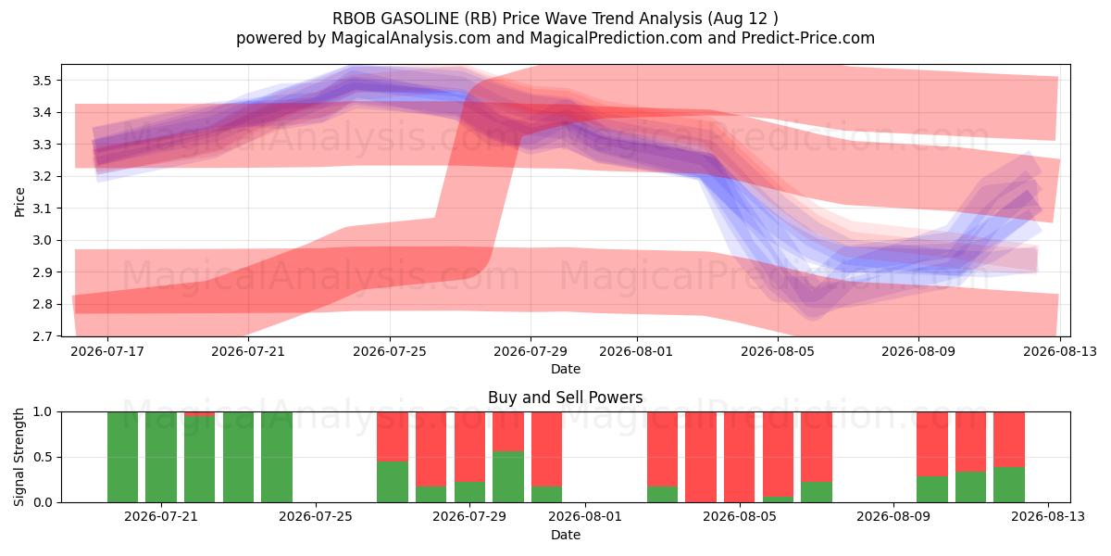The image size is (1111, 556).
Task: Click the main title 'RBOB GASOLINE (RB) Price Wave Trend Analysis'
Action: [x=518, y=19]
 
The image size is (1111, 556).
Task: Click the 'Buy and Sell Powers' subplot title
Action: [x=566, y=398]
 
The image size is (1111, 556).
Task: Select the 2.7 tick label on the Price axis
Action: [x=42, y=336]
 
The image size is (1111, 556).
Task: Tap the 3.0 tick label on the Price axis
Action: [x=42, y=240]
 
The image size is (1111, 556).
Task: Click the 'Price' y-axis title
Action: [x=19, y=202]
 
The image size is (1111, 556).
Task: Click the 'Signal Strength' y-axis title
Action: [x=19, y=457]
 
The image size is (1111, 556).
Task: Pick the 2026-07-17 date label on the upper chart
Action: [x=107, y=351]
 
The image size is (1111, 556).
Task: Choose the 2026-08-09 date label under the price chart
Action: [x=918, y=351]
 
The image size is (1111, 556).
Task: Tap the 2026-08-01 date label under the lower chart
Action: [x=585, y=517]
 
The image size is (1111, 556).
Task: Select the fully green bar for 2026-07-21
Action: [x=161, y=457]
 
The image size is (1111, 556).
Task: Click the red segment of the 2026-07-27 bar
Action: [x=393, y=436]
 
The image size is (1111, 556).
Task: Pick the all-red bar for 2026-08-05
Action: [x=739, y=457]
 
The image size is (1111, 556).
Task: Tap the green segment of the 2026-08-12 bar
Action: [x=1009, y=485]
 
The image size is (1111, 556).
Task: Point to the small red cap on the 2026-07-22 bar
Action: [x=199, y=414]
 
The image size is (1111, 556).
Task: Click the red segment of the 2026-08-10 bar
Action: [x=932, y=444]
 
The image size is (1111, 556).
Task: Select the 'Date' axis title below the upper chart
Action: [x=566, y=369]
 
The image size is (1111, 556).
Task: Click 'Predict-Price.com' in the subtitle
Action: [x=808, y=38]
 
